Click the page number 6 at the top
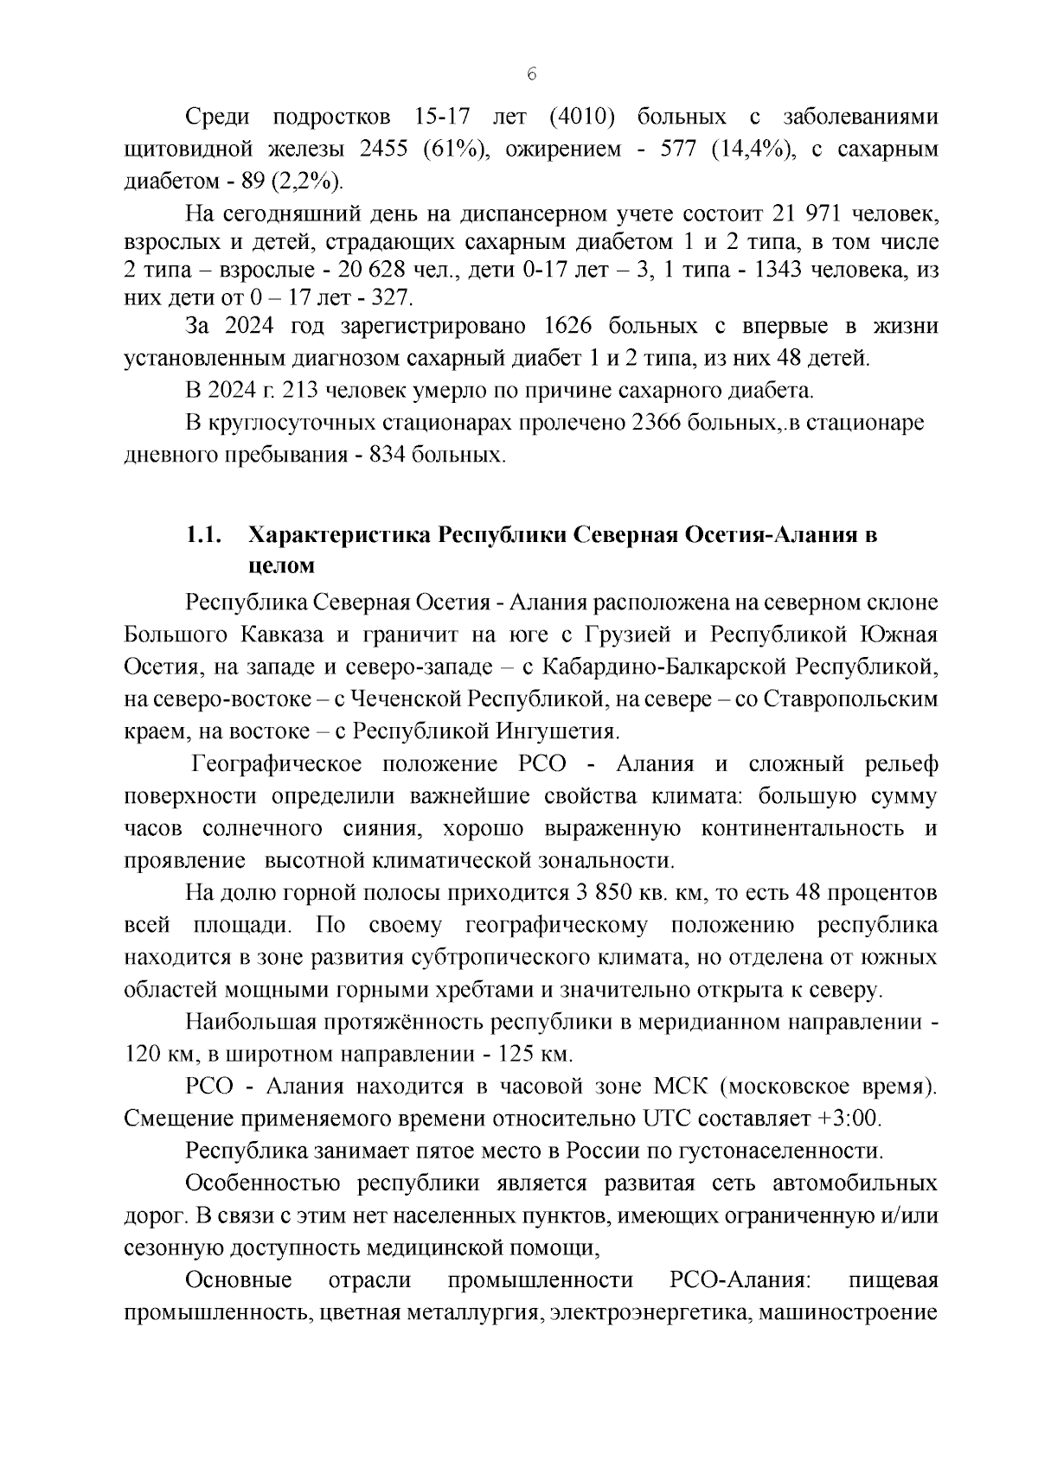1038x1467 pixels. pyautogui.click(x=531, y=74)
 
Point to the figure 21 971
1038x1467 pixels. pyautogui.click(x=838, y=213)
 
